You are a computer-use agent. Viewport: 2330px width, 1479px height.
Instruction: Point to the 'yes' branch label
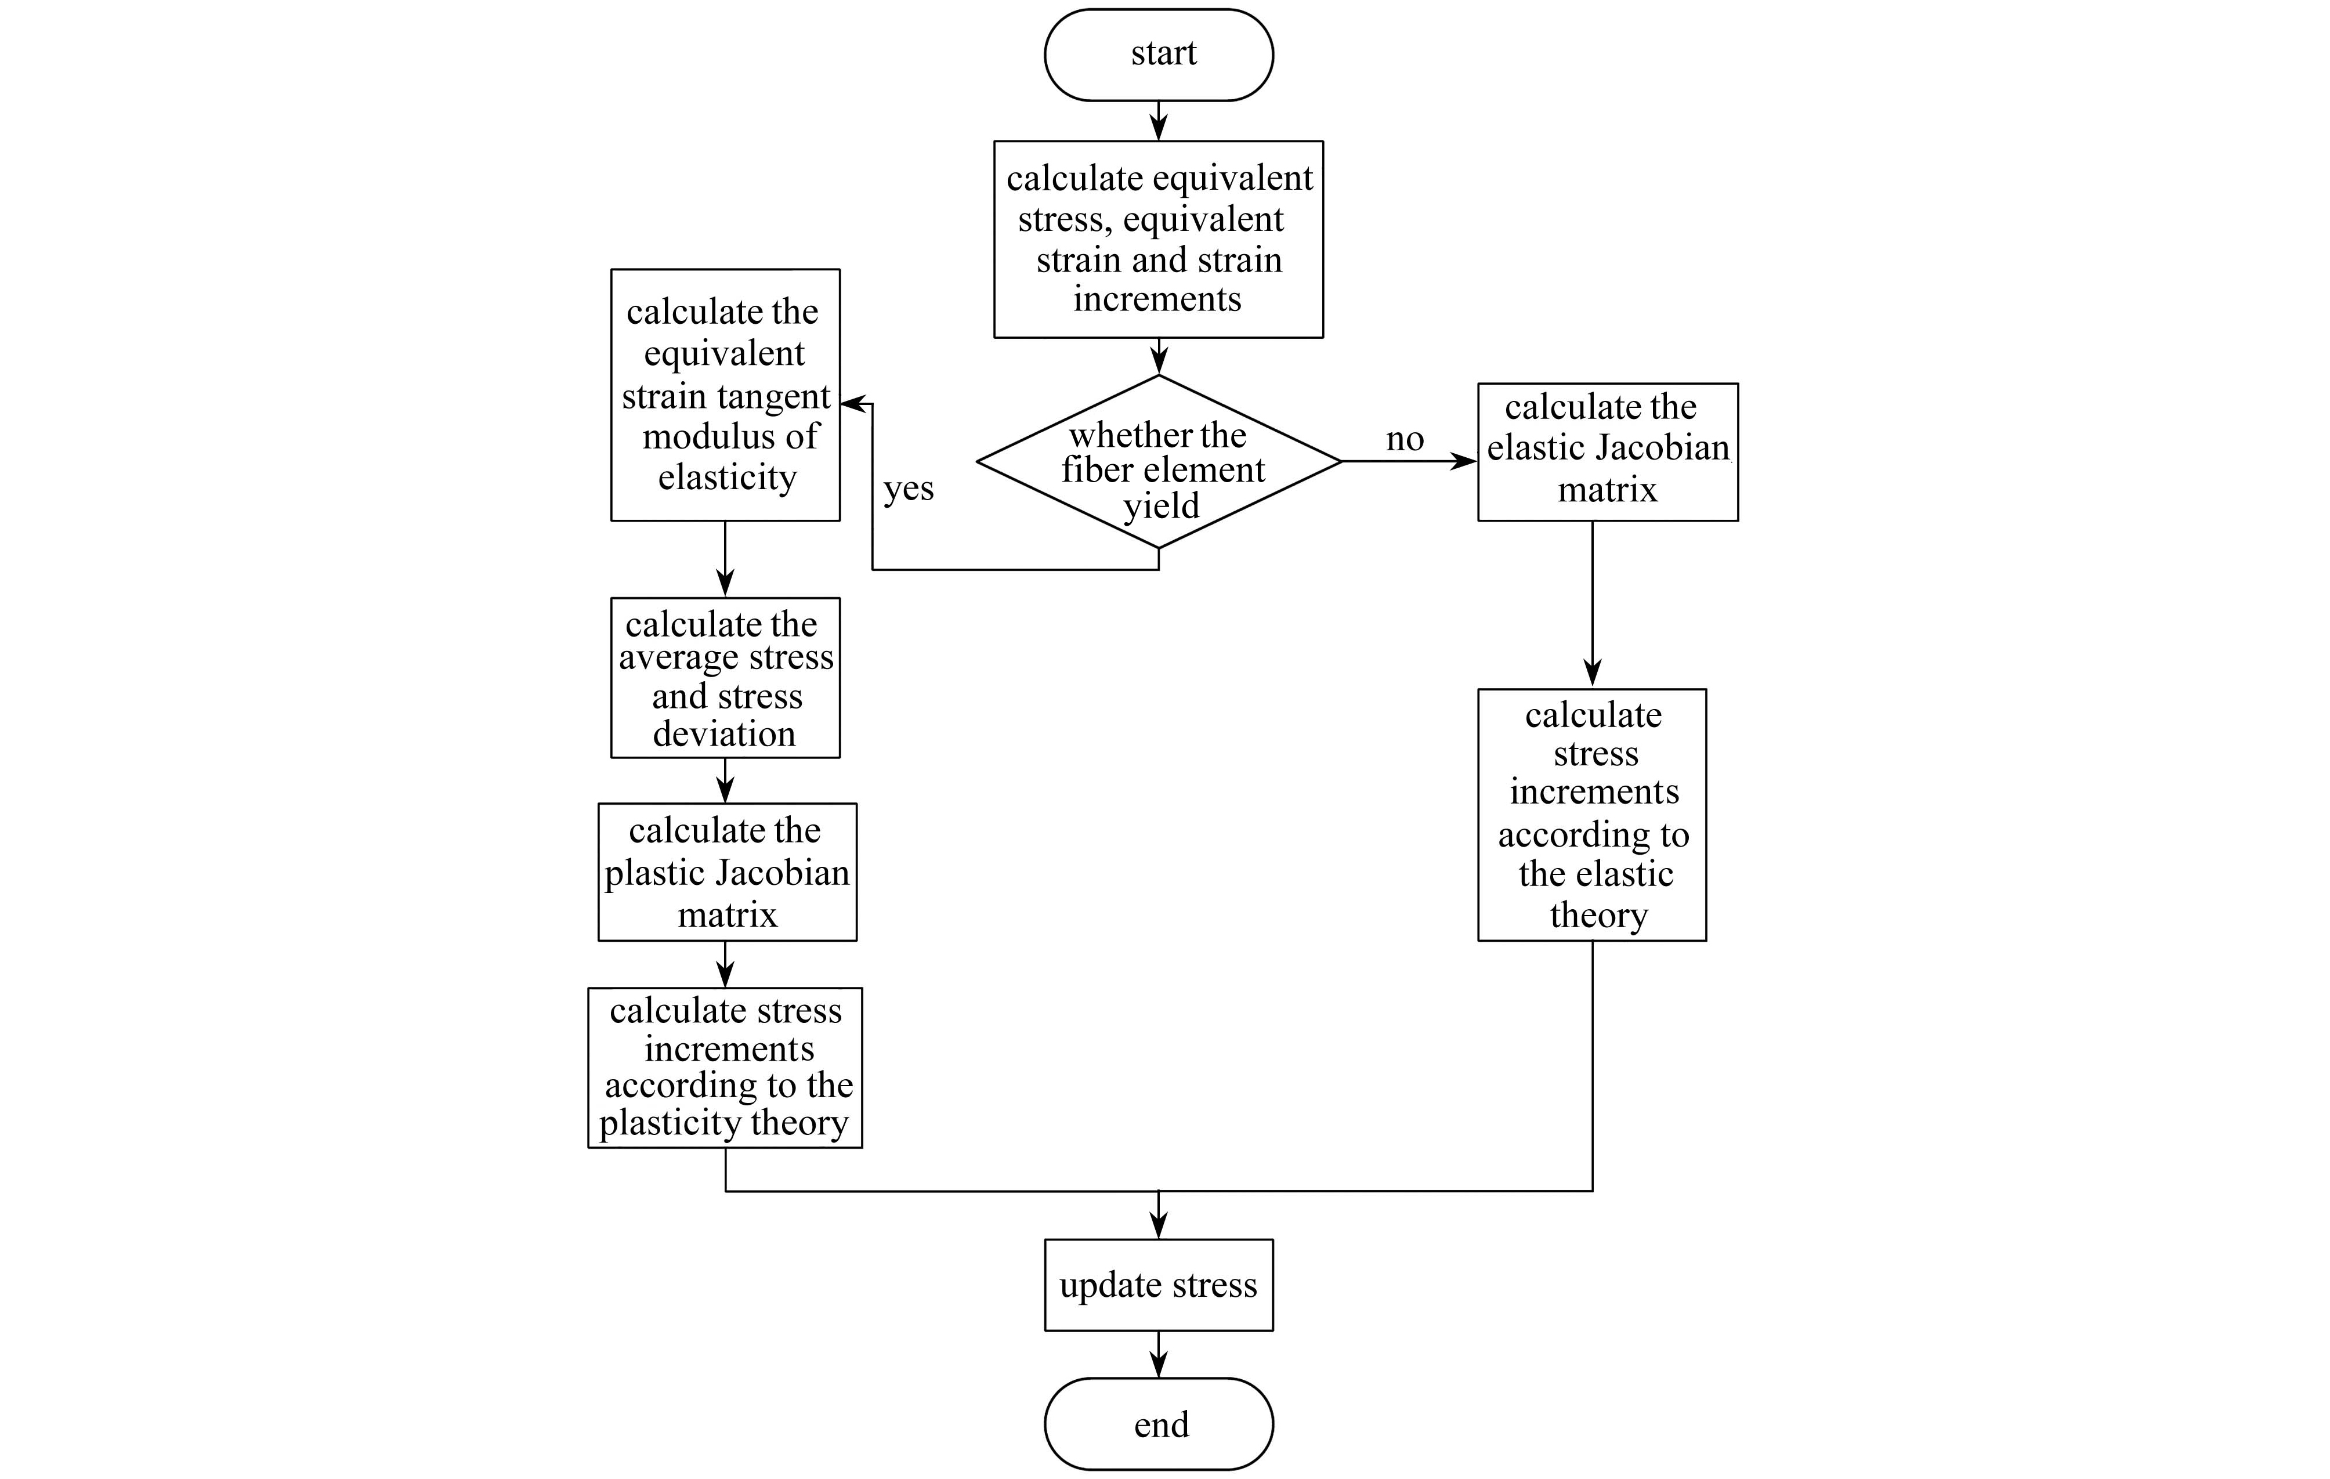coord(909,489)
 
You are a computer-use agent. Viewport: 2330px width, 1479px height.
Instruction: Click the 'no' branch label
coord(1405,439)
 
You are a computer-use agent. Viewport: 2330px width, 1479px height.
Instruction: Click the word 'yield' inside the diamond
coord(1161,506)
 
